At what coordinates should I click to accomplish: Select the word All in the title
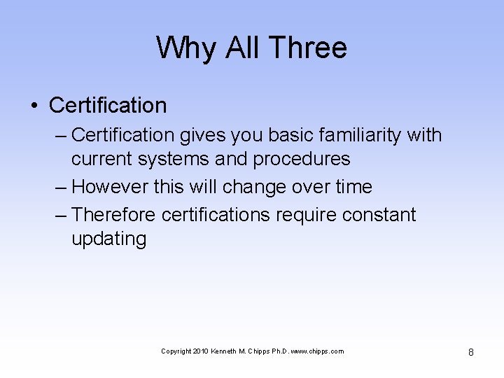click(x=241, y=48)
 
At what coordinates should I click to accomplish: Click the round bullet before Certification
click(x=34, y=106)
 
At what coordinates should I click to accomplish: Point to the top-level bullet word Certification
click(x=108, y=106)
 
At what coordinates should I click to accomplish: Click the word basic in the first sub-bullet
click(x=288, y=134)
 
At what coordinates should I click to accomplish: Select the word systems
click(x=174, y=159)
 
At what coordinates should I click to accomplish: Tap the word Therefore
click(x=114, y=214)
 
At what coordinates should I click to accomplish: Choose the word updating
click(x=109, y=239)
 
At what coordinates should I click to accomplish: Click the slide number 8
click(x=470, y=352)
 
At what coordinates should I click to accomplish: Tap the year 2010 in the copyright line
click(x=200, y=351)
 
